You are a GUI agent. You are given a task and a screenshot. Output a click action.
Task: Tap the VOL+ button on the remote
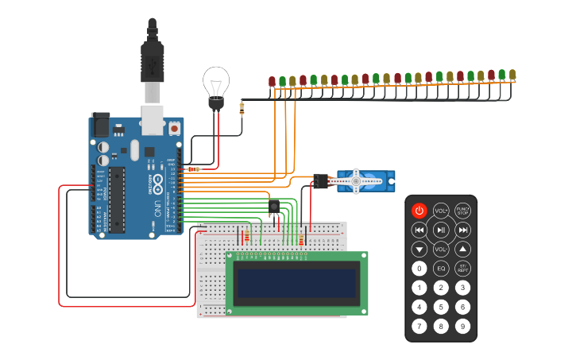pyautogui.click(x=441, y=211)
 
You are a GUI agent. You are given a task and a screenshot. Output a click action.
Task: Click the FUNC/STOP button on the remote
pyautogui.click(x=462, y=211)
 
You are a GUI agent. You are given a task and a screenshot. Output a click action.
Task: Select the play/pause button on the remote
pyautogui.click(x=441, y=230)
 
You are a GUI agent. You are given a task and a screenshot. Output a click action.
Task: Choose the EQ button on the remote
pyautogui.click(x=441, y=269)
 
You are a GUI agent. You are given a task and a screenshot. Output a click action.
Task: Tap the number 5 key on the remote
pyautogui.click(x=441, y=307)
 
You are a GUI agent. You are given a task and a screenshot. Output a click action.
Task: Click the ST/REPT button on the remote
pyautogui.click(x=462, y=269)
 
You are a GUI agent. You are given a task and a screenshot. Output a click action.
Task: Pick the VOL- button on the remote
pyautogui.click(x=441, y=249)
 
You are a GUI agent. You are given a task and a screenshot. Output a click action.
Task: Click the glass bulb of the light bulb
pyautogui.click(x=215, y=81)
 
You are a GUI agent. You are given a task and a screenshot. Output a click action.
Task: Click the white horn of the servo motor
pyautogui.click(x=357, y=181)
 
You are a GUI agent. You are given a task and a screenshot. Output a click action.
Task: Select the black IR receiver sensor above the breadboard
pyautogui.click(x=273, y=207)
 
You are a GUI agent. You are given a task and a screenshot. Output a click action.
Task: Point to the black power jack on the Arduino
pyautogui.click(x=101, y=125)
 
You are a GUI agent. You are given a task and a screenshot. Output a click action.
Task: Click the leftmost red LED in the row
pyautogui.click(x=272, y=81)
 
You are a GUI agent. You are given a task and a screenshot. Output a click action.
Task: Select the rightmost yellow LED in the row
pyautogui.click(x=512, y=75)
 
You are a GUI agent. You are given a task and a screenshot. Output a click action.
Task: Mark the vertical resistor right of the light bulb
pyautogui.click(x=242, y=106)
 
